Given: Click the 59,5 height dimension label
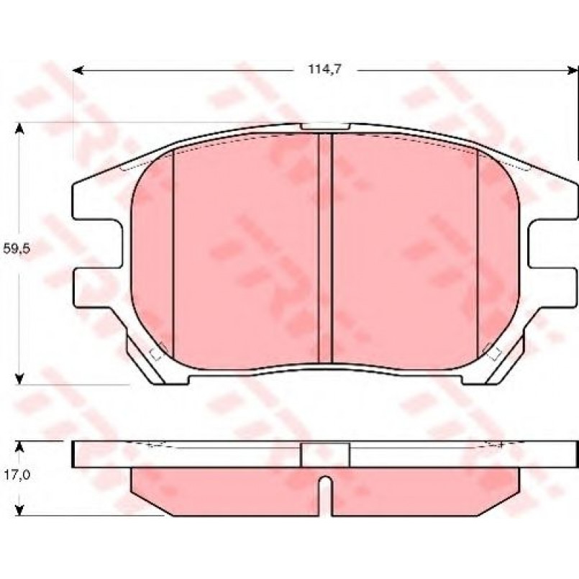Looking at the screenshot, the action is pos(16,249).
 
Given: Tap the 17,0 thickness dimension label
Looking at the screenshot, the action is pos(17,475).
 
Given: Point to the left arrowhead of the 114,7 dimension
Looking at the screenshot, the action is pos(78,70).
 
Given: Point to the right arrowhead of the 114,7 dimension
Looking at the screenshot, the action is pos(572,70).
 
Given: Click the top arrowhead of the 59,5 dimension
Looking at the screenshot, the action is pos(19,129).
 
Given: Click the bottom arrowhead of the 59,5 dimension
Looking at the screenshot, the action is pos(19,378).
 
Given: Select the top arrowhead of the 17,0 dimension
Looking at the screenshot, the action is pos(19,447).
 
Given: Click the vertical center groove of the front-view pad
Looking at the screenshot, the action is pos(325,248).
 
